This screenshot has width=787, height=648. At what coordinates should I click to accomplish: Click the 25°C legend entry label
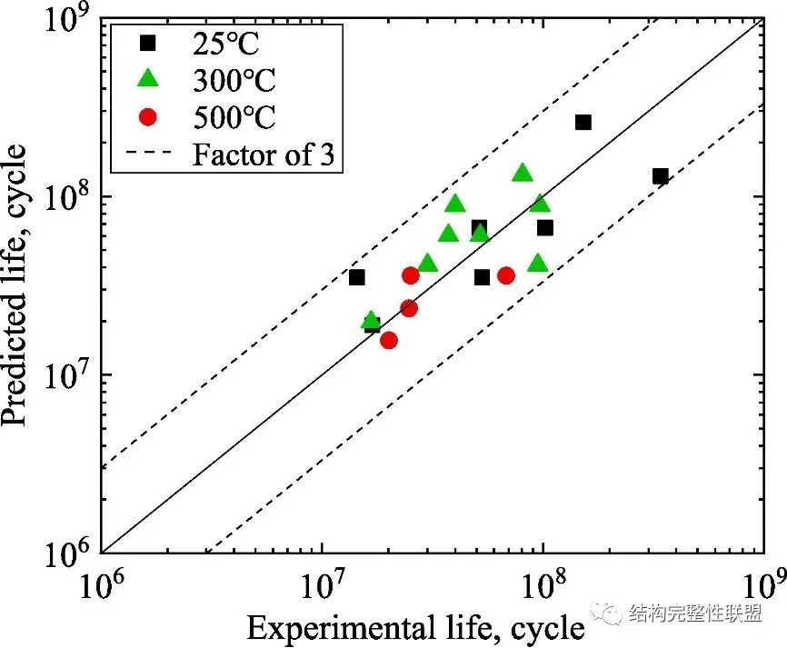tap(224, 44)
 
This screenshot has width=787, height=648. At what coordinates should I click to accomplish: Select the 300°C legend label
tap(233, 80)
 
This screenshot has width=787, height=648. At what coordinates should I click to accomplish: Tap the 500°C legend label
tap(233, 117)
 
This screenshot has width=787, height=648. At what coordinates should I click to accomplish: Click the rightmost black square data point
tap(660, 176)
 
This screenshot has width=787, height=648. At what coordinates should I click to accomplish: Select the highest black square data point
tap(583, 122)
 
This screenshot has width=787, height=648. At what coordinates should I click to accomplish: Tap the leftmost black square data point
tap(356, 277)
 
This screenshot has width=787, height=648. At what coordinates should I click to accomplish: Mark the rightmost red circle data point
tap(506, 275)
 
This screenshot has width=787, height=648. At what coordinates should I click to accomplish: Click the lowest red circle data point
tap(389, 340)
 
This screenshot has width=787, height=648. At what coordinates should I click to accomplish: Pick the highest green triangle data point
tap(522, 173)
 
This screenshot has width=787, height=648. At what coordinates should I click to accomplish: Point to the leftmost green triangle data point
tap(370, 320)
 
